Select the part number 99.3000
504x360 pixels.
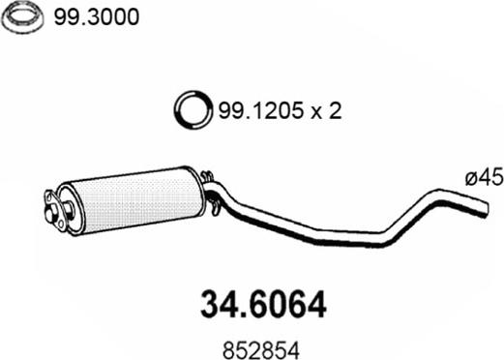tap(97, 16)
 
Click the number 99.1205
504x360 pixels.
tap(261, 110)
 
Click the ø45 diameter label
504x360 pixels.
tap(484, 177)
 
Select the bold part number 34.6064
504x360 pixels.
tap(263, 305)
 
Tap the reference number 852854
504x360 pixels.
tap(261, 350)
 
